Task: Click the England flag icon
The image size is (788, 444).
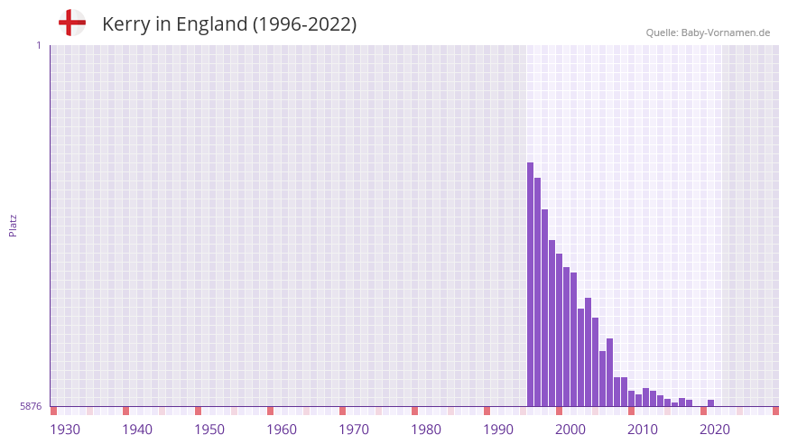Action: click(72, 23)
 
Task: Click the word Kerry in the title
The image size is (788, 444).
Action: click(125, 24)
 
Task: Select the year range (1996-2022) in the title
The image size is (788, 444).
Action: click(304, 24)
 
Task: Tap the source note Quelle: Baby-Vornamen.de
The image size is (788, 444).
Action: click(708, 32)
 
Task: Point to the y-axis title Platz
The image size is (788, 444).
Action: click(13, 226)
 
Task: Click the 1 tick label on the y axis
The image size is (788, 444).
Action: click(39, 45)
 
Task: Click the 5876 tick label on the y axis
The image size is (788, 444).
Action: click(31, 407)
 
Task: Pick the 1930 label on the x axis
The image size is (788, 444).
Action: click(65, 430)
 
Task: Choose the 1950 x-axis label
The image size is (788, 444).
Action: click(209, 430)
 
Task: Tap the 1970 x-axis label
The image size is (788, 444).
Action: click(354, 430)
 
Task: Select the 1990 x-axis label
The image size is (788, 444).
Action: click(498, 430)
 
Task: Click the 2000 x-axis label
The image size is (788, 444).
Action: click(570, 430)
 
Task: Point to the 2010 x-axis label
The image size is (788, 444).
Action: click(643, 430)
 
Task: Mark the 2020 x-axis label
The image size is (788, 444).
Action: click(715, 430)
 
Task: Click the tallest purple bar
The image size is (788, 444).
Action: click(531, 284)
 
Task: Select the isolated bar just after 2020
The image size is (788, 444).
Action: click(711, 403)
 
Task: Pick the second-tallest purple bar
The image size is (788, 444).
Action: click(538, 291)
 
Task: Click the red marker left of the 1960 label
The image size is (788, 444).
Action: click(270, 411)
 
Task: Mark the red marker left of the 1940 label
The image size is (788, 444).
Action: click(125, 411)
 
